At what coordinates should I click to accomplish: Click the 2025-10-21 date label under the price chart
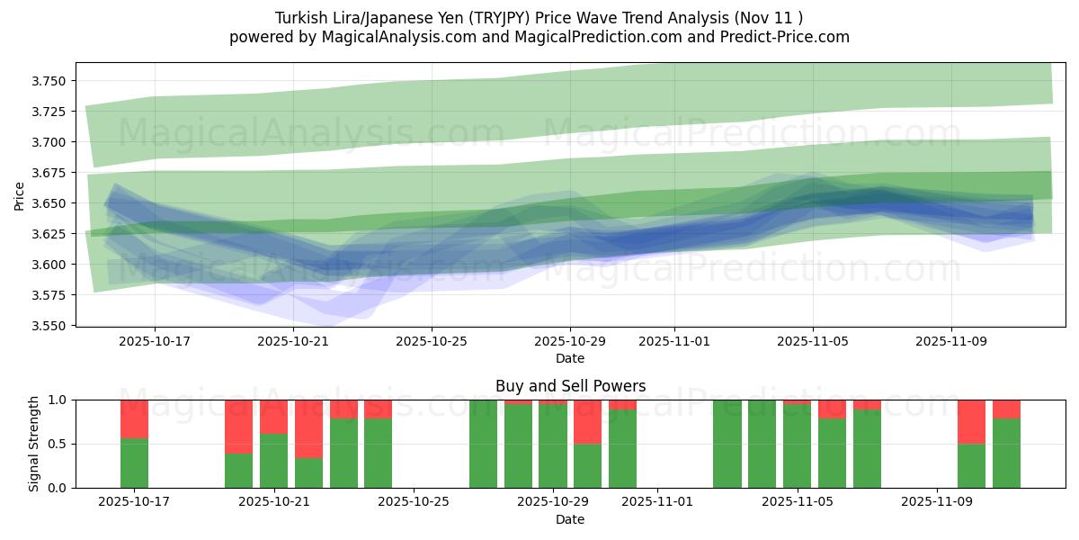293,342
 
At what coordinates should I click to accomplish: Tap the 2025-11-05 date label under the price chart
814,342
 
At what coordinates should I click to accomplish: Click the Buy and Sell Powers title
570,386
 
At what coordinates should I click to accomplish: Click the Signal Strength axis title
34,444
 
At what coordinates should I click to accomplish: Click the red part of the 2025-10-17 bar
134,418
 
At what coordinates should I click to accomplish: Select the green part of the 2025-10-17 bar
134,463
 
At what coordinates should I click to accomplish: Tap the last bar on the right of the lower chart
1006,450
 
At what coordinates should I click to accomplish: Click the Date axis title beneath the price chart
570,358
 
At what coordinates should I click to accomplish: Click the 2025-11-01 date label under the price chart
675,342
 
